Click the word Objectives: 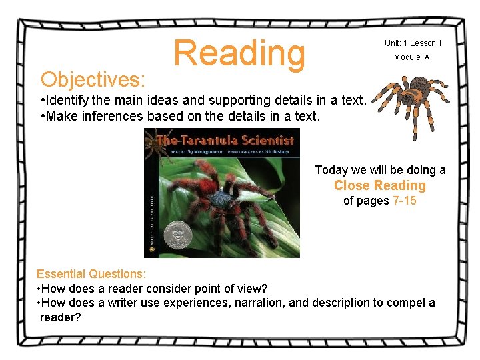[93, 79]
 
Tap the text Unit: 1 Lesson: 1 [413, 43]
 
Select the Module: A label [411, 57]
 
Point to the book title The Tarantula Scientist [225, 140]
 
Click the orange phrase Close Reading [379, 185]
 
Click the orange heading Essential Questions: [91, 273]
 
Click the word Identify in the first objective [67, 101]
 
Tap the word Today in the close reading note [331, 170]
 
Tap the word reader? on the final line [60, 317]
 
